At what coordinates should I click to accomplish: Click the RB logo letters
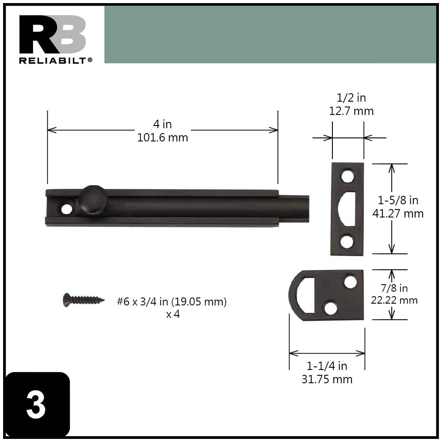(52, 34)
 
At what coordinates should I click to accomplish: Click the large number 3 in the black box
(36, 405)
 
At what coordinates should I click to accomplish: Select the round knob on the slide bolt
(93, 199)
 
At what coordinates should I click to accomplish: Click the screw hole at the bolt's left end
(67, 209)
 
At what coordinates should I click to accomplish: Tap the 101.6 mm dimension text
(163, 137)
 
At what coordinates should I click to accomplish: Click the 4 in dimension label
(163, 124)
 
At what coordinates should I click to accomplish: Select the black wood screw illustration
(84, 300)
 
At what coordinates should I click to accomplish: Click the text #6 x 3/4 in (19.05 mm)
(171, 302)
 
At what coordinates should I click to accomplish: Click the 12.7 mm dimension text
(351, 111)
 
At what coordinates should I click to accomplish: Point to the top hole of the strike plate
(348, 176)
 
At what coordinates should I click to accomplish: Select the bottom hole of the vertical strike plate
(347, 241)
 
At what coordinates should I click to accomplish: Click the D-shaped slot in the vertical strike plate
(349, 209)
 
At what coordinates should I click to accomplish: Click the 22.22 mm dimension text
(394, 301)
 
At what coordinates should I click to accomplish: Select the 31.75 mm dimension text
(327, 379)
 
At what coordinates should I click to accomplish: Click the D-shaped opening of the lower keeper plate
(305, 295)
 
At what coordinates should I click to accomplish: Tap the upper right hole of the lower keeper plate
(351, 282)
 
